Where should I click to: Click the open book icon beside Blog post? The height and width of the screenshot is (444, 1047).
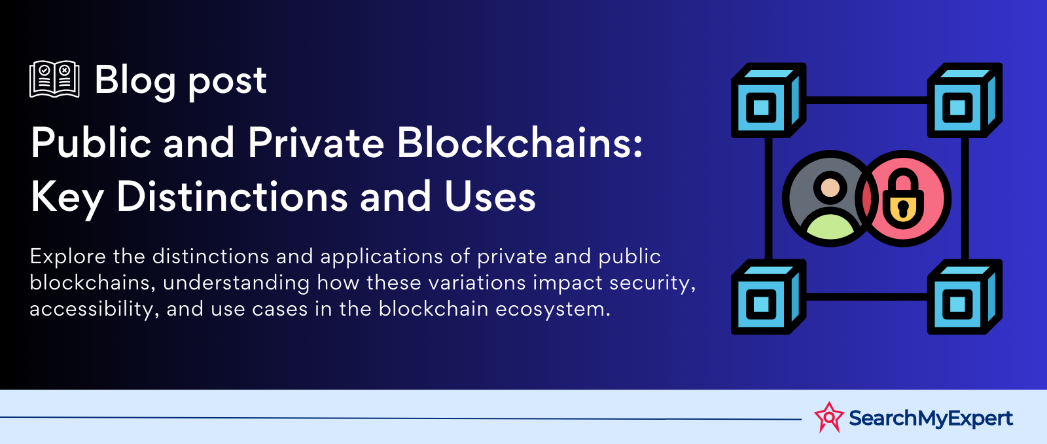(54, 79)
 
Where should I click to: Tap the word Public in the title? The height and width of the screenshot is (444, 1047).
(91, 143)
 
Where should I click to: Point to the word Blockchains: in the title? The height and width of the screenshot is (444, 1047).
(520, 143)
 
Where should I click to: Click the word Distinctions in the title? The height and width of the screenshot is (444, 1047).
(232, 196)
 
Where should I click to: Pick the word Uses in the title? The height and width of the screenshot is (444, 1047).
(490, 197)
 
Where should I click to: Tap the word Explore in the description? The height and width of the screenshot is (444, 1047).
(68, 257)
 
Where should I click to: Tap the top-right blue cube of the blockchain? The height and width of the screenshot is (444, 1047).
(965, 100)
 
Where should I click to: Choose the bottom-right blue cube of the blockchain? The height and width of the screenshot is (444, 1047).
(965, 297)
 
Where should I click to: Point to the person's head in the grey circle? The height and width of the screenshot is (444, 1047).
(830, 187)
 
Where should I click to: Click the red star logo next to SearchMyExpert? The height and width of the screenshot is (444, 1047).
(829, 417)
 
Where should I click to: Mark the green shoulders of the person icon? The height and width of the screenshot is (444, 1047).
(830, 225)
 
